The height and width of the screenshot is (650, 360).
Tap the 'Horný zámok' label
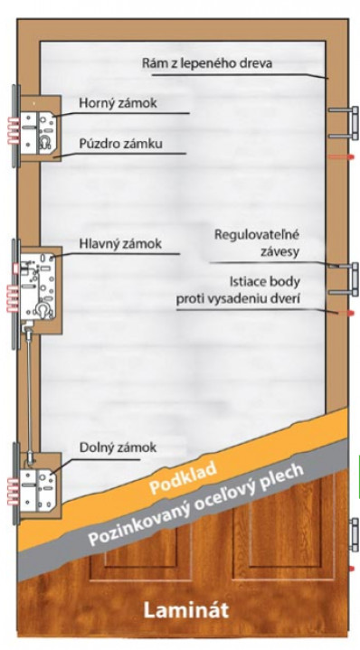pyautogui.click(x=118, y=104)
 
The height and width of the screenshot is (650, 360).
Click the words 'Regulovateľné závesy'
pyautogui.click(x=256, y=243)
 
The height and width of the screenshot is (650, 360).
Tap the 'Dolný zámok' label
pyautogui.click(x=118, y=447)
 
